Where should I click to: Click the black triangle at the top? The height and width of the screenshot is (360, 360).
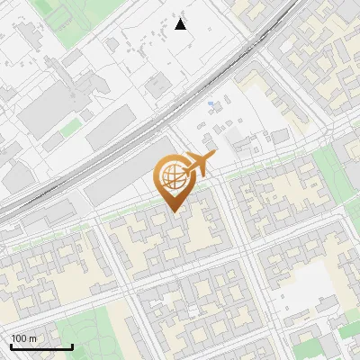[x=181, y=24]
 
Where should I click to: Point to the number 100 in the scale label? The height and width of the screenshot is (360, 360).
[x=20, y=338]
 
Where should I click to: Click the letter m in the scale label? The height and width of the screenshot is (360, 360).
[x=33, y=338]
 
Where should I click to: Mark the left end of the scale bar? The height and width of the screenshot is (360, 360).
[x=11, y=346]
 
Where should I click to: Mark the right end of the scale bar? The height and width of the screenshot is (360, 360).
[x=72, y=346]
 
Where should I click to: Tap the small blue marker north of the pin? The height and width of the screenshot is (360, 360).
[x=211, y=105]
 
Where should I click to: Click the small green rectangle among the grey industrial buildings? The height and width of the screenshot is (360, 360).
[x=70, y=129]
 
